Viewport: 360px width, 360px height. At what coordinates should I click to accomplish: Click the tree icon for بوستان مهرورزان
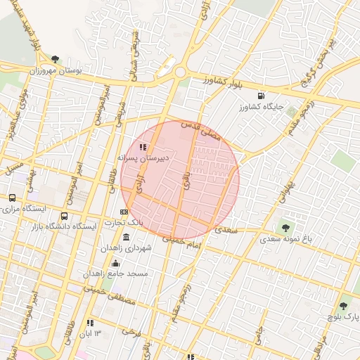click(56, 60)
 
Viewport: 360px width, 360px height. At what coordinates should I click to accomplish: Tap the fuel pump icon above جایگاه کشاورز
click(262, 96)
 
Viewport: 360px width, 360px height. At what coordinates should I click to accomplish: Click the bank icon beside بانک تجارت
click(124, 211)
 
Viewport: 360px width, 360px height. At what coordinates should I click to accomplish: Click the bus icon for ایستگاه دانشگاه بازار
click(65, 216)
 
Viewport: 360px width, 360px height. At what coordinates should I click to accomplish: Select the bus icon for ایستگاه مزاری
click(12, 198)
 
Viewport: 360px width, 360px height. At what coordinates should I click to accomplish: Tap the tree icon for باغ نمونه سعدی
click(285, 227)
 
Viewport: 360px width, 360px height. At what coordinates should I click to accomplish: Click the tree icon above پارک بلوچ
click(343, 306)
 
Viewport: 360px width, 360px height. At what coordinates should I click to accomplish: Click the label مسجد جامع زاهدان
click(116, 273)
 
